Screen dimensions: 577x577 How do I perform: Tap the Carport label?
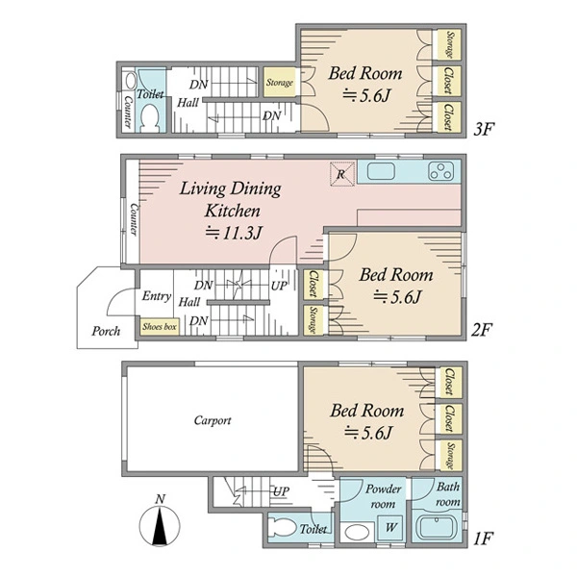[x=213, y=420]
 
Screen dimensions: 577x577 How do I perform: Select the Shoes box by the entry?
[x=160, y=326]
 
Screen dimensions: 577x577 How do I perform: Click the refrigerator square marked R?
[x=341, y=174]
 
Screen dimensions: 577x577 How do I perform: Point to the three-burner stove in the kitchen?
[x=440, y=172]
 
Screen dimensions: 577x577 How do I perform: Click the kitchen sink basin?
[x=381, y=171]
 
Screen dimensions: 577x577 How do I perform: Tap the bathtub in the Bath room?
[x=438, y=528]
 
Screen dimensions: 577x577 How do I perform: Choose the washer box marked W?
[x=390, y=527]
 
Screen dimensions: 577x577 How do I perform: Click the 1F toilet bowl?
[x=282, y=528]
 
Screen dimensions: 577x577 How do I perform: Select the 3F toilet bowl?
[x=150, y=117]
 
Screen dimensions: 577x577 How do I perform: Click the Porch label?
[x=106, y=331]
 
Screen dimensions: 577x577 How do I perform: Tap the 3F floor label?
[x=484, y=129]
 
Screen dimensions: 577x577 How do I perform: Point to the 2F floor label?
[x=482, y=330]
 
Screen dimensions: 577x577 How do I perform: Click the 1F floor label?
[x=483, y=539]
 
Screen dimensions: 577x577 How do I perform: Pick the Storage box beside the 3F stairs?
[x=280, y=83]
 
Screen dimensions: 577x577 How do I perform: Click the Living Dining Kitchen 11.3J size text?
[x=234, y=233]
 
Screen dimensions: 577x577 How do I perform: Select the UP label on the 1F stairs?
[x=281, y=491]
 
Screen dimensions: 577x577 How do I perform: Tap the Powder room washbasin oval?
[x=356, y=532]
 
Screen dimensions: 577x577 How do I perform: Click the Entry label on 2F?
[x=157, y=296]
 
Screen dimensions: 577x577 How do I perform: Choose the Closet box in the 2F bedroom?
[x=314, y=284]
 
